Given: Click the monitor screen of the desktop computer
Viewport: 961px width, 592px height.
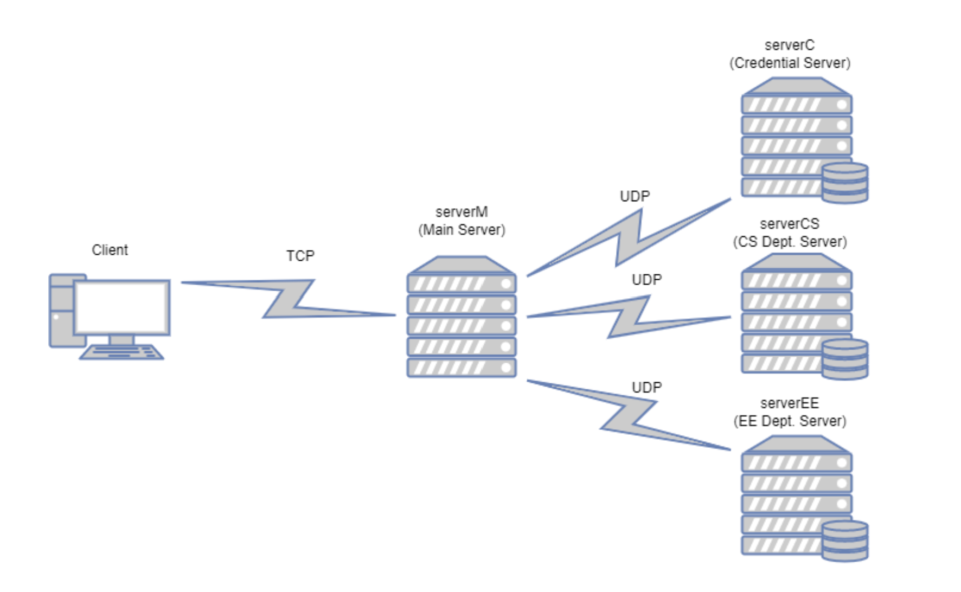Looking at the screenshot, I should point(122,307).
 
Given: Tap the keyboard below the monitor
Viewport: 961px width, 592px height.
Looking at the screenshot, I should point(121,353).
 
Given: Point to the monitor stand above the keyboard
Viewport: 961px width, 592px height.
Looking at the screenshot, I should point(122,340).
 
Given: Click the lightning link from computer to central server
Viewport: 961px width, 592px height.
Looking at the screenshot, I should point(288,299).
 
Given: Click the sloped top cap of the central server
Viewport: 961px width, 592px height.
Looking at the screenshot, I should point(462,265).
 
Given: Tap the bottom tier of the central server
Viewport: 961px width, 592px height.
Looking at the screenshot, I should point(462,368).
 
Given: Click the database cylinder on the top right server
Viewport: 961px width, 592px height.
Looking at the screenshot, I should point(845,183).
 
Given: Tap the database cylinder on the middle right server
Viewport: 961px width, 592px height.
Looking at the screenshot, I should point(845,359).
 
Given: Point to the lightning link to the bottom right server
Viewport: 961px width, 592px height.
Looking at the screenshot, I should point(629,415).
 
